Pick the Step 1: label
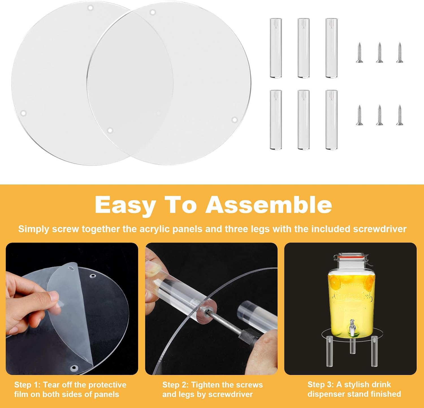(27, 385)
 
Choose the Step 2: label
(176, 385)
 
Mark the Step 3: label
(321, 385)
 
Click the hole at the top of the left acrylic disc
(90, 8)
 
